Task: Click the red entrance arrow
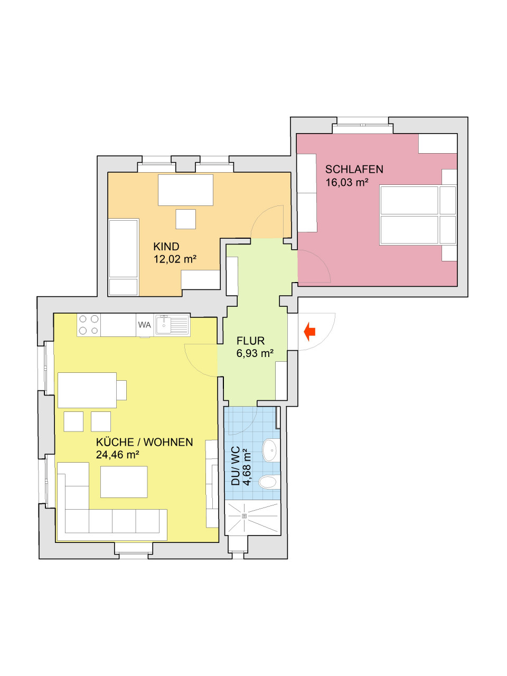point(310,332)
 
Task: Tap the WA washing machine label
point(145,325)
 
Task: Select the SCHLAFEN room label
point(354,170)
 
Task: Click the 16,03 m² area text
point(346,183)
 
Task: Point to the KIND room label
point(166,247)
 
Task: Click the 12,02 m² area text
point(175,259)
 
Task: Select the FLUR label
point(250,341)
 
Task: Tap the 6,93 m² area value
point(255,354)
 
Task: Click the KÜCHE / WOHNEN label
point(144,443)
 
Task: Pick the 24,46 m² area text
point(117,455)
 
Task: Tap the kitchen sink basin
point(164,325)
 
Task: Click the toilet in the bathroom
point(269,482)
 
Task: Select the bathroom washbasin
point(271,450)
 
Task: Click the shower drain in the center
point(244,516)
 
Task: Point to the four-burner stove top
point(89,325)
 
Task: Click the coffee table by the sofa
point(124,482)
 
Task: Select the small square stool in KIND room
point(185,219)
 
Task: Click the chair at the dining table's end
point(121,390)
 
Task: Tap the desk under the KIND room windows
point(185,190)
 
